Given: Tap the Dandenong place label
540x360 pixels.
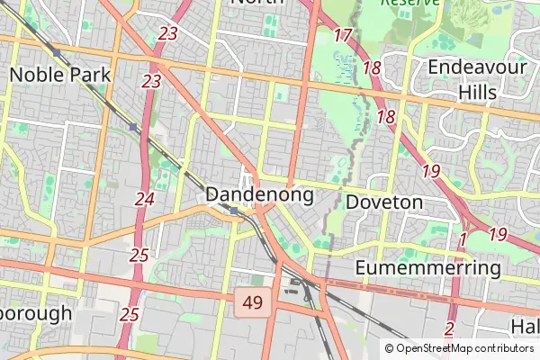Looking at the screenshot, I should click(x=259, y=194).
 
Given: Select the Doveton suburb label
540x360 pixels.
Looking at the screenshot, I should click(x=383, y=202).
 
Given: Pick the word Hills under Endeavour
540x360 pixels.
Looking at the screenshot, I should click(x=477, y=92).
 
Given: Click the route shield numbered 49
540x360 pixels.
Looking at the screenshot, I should click(x=253, y=303).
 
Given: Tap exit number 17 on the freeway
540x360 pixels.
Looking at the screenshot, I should click(x=342, y=36).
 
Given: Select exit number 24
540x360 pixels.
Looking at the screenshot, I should click(x=144, y=198).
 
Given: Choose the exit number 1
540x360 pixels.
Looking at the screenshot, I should click(x=463, y=240).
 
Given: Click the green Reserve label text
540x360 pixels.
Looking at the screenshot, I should click(x=410, y=4).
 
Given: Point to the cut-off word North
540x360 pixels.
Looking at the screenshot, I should click(x=258, y=3).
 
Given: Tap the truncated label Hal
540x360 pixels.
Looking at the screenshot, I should click(x=524, y=325).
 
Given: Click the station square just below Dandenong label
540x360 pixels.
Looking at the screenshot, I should click(x=233, y=211).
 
